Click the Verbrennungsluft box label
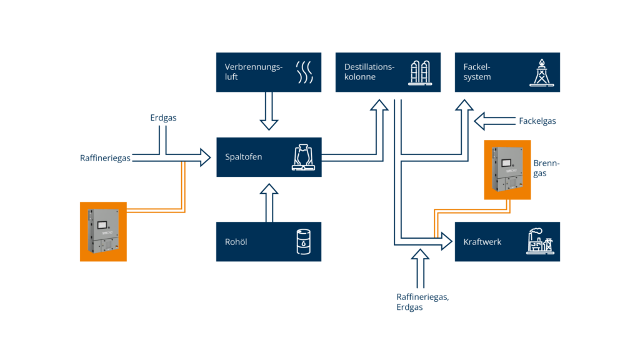coord(254,72)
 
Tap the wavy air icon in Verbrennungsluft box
coord(304,72)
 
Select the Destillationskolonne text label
coord(369,72)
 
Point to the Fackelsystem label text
coord(477,72)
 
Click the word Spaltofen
coord(244,157)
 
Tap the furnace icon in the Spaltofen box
coord(304,157)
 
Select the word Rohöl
coord(236,241)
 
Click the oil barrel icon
coord(304,241)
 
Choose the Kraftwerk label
coord(482,242)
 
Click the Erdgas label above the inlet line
coord(163,117)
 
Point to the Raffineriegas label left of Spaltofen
coord(105,158)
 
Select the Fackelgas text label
coord(537,121)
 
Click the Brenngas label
coord(546,168)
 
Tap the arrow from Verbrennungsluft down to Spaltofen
coord(269,111)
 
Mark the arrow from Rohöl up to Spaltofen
coord(269,201)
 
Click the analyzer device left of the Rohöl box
coord(103,231)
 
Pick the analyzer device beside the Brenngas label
coord(507,169)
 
